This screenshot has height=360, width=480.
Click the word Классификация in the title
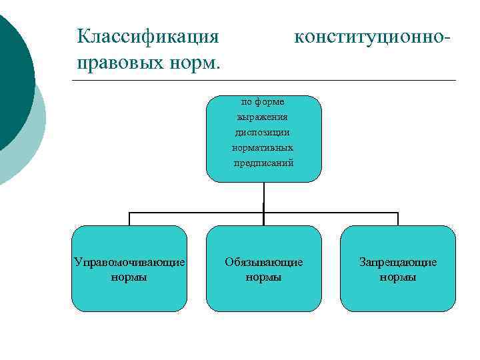(147, 35)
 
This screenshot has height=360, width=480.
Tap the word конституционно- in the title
(372, 35)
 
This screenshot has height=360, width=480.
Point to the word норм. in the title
(199, 65)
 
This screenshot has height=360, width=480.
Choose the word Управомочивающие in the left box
(129, 262)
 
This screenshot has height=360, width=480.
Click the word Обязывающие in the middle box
(263, 262)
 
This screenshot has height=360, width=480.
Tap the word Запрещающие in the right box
(398, 262)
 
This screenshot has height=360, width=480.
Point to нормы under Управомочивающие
(129, 277)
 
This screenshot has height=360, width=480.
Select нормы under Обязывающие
(263, 277)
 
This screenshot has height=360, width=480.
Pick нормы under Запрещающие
(398, 277)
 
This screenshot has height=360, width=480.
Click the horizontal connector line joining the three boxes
(200, 213)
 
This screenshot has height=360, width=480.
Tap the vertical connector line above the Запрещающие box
(398, 219)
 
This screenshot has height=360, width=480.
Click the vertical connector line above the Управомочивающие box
(129, 219)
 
